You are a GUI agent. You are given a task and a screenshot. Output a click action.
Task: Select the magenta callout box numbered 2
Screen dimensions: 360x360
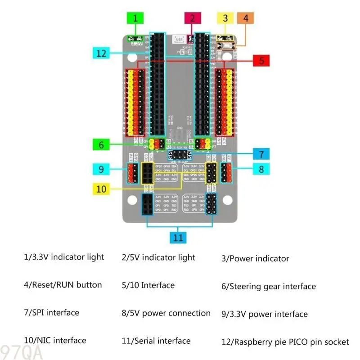[193, 18]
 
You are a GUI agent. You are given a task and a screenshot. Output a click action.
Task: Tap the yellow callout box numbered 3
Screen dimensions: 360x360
[225, 18]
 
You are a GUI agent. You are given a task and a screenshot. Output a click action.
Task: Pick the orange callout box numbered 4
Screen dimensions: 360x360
[246, 18]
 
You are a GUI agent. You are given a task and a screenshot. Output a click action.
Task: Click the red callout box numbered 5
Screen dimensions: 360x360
[261, 60]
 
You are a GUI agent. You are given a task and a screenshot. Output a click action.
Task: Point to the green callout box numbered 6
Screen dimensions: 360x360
[101, 145]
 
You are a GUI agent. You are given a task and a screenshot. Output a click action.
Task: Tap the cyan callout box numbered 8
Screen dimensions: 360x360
[261, 169]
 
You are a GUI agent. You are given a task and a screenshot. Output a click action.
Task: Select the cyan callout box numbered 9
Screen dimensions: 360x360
[101, 169]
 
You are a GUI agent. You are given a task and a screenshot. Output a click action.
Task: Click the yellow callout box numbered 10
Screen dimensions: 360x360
[101, 189]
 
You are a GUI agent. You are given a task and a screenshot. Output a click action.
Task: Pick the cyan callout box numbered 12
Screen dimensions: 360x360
[101, 53]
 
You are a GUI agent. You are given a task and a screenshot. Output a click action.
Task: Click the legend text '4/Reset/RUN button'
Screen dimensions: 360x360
[63, 285]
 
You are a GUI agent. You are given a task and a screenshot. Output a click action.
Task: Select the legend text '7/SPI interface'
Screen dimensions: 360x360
[51, 312]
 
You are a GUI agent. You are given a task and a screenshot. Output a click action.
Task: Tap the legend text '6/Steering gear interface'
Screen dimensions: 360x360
[268, 286]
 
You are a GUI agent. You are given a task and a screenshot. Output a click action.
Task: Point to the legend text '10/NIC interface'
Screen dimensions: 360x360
[54, 340]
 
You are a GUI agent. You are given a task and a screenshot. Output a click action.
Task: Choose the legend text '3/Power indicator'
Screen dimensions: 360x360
[255, 258]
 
